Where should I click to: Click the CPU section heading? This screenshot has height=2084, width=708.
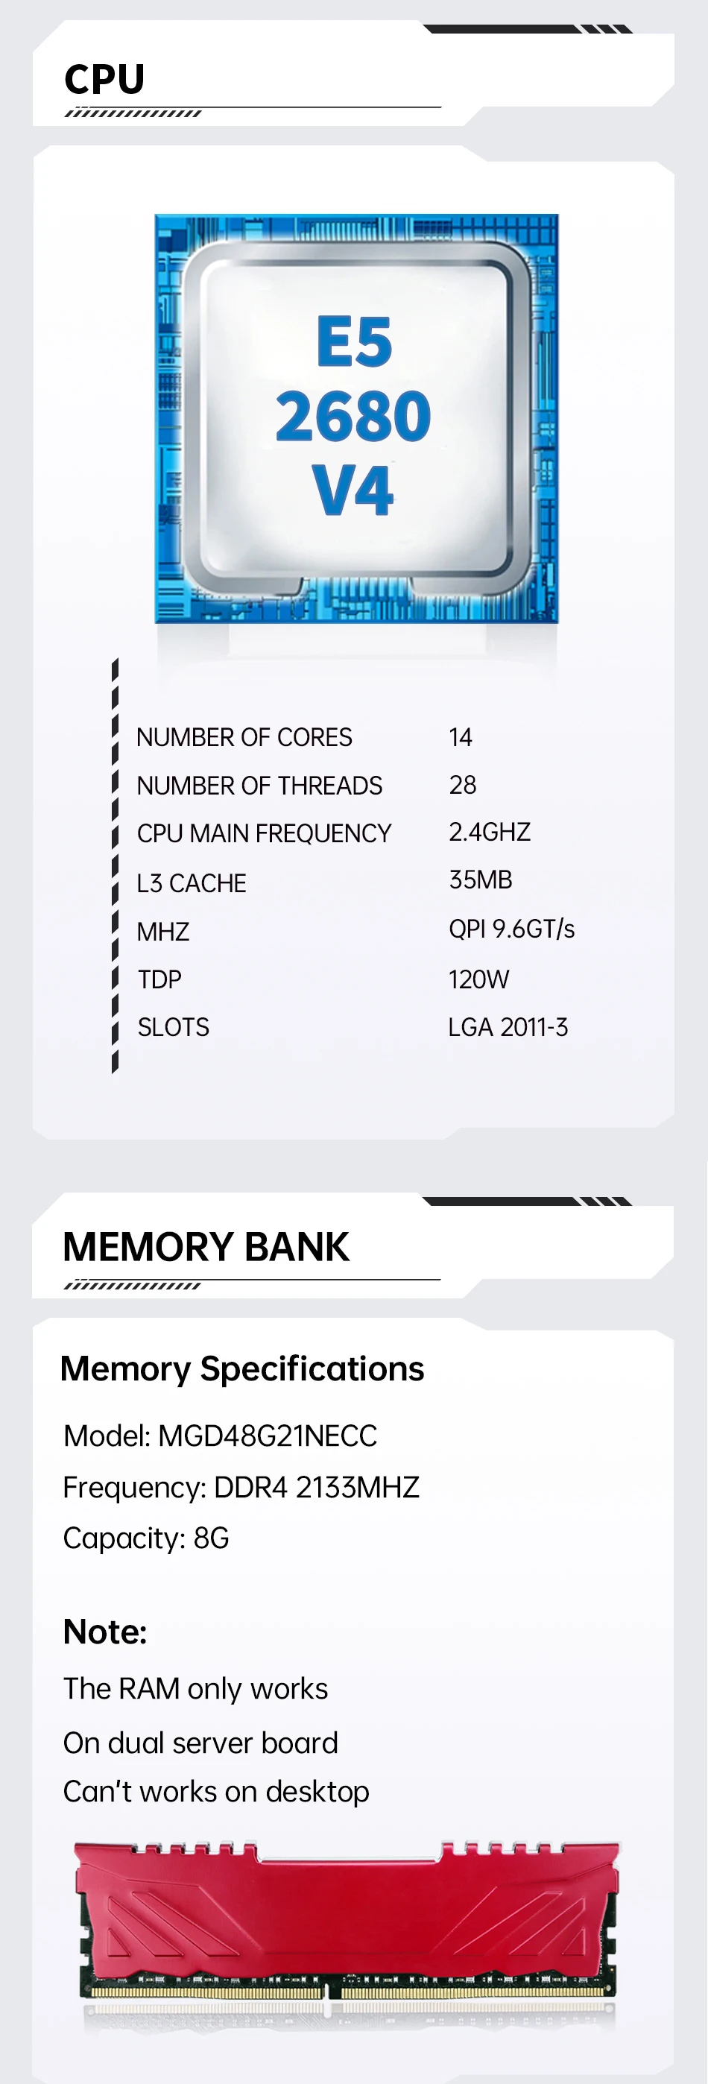point(104,79)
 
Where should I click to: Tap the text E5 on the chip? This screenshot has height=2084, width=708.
point(353,342)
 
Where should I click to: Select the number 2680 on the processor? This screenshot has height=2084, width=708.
point(353,416)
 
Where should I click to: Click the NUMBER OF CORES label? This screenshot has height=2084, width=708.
point(244,737)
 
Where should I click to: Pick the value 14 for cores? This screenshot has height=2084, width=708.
point(461,737)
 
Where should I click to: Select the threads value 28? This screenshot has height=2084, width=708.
point(462,785)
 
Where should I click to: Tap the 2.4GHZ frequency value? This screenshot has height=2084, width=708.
point(490,832)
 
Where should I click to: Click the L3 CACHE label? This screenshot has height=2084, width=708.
point(191,882)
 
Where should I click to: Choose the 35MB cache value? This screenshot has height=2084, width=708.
point(481,880)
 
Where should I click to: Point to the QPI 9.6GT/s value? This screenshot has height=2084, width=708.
point(511,929)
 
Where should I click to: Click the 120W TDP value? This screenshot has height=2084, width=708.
point(478,979)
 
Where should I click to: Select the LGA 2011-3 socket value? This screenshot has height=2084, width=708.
point(508,1027)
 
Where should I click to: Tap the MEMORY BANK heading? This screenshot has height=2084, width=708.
point(206,1247)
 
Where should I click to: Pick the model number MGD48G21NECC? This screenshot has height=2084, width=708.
point(268,1436)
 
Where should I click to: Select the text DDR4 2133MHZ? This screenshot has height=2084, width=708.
point(317,1487)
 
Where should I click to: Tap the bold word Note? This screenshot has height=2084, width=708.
point(105,1632)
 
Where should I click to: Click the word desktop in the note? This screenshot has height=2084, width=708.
point(317,1792)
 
